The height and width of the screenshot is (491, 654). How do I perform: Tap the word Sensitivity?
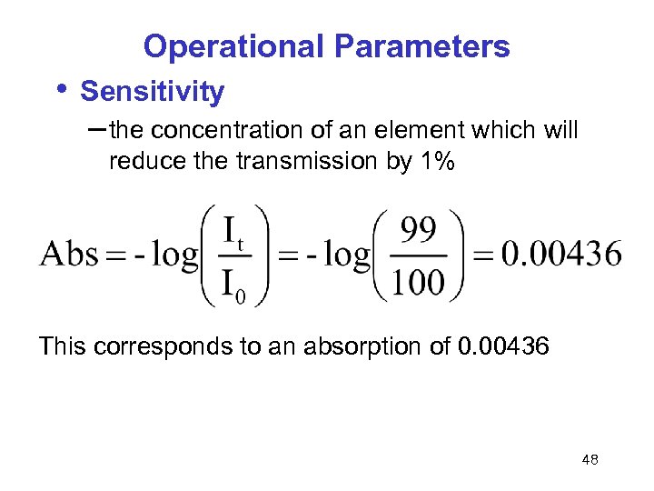[x=152, y=91]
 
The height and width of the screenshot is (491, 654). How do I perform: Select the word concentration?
[x=230, y=131]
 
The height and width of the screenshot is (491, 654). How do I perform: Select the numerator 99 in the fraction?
[x=419, y=231]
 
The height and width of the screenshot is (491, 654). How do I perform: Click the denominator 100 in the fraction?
[x=419, y=283]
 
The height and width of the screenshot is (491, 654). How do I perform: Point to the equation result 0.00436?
[x=561, y=254]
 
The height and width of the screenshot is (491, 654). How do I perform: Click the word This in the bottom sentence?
[x=62, y=346]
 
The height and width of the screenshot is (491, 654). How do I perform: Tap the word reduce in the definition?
[x=139, y=162]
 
